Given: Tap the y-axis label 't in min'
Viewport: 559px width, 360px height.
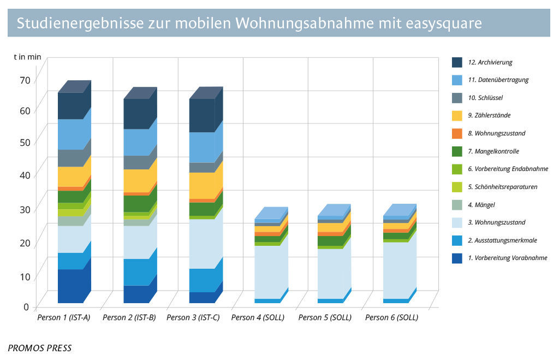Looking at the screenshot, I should point(27,56).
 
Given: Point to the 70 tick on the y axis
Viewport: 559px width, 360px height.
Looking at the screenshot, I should point(24,80).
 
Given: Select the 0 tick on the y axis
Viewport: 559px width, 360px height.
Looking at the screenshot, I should point(26,307).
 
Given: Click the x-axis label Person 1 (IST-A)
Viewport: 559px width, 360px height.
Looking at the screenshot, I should point(63,317).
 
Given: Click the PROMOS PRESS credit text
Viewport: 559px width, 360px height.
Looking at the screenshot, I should point(39,348).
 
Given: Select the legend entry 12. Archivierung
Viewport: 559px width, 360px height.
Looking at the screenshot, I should point(490,62).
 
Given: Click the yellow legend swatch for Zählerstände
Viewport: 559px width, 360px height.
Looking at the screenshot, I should point(457,115).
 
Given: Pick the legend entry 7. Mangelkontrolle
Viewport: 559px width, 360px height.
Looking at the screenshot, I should point(493,151).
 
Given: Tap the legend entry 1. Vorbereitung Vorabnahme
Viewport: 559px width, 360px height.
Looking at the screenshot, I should point(507,258).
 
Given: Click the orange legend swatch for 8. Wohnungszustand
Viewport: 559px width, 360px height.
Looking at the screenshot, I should point(457,133).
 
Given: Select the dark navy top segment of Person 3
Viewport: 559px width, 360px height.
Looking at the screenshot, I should point(201,115).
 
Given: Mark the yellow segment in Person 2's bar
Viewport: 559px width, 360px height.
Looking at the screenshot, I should point(136,180).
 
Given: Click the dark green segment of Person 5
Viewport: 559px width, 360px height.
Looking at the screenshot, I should point(330,240).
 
